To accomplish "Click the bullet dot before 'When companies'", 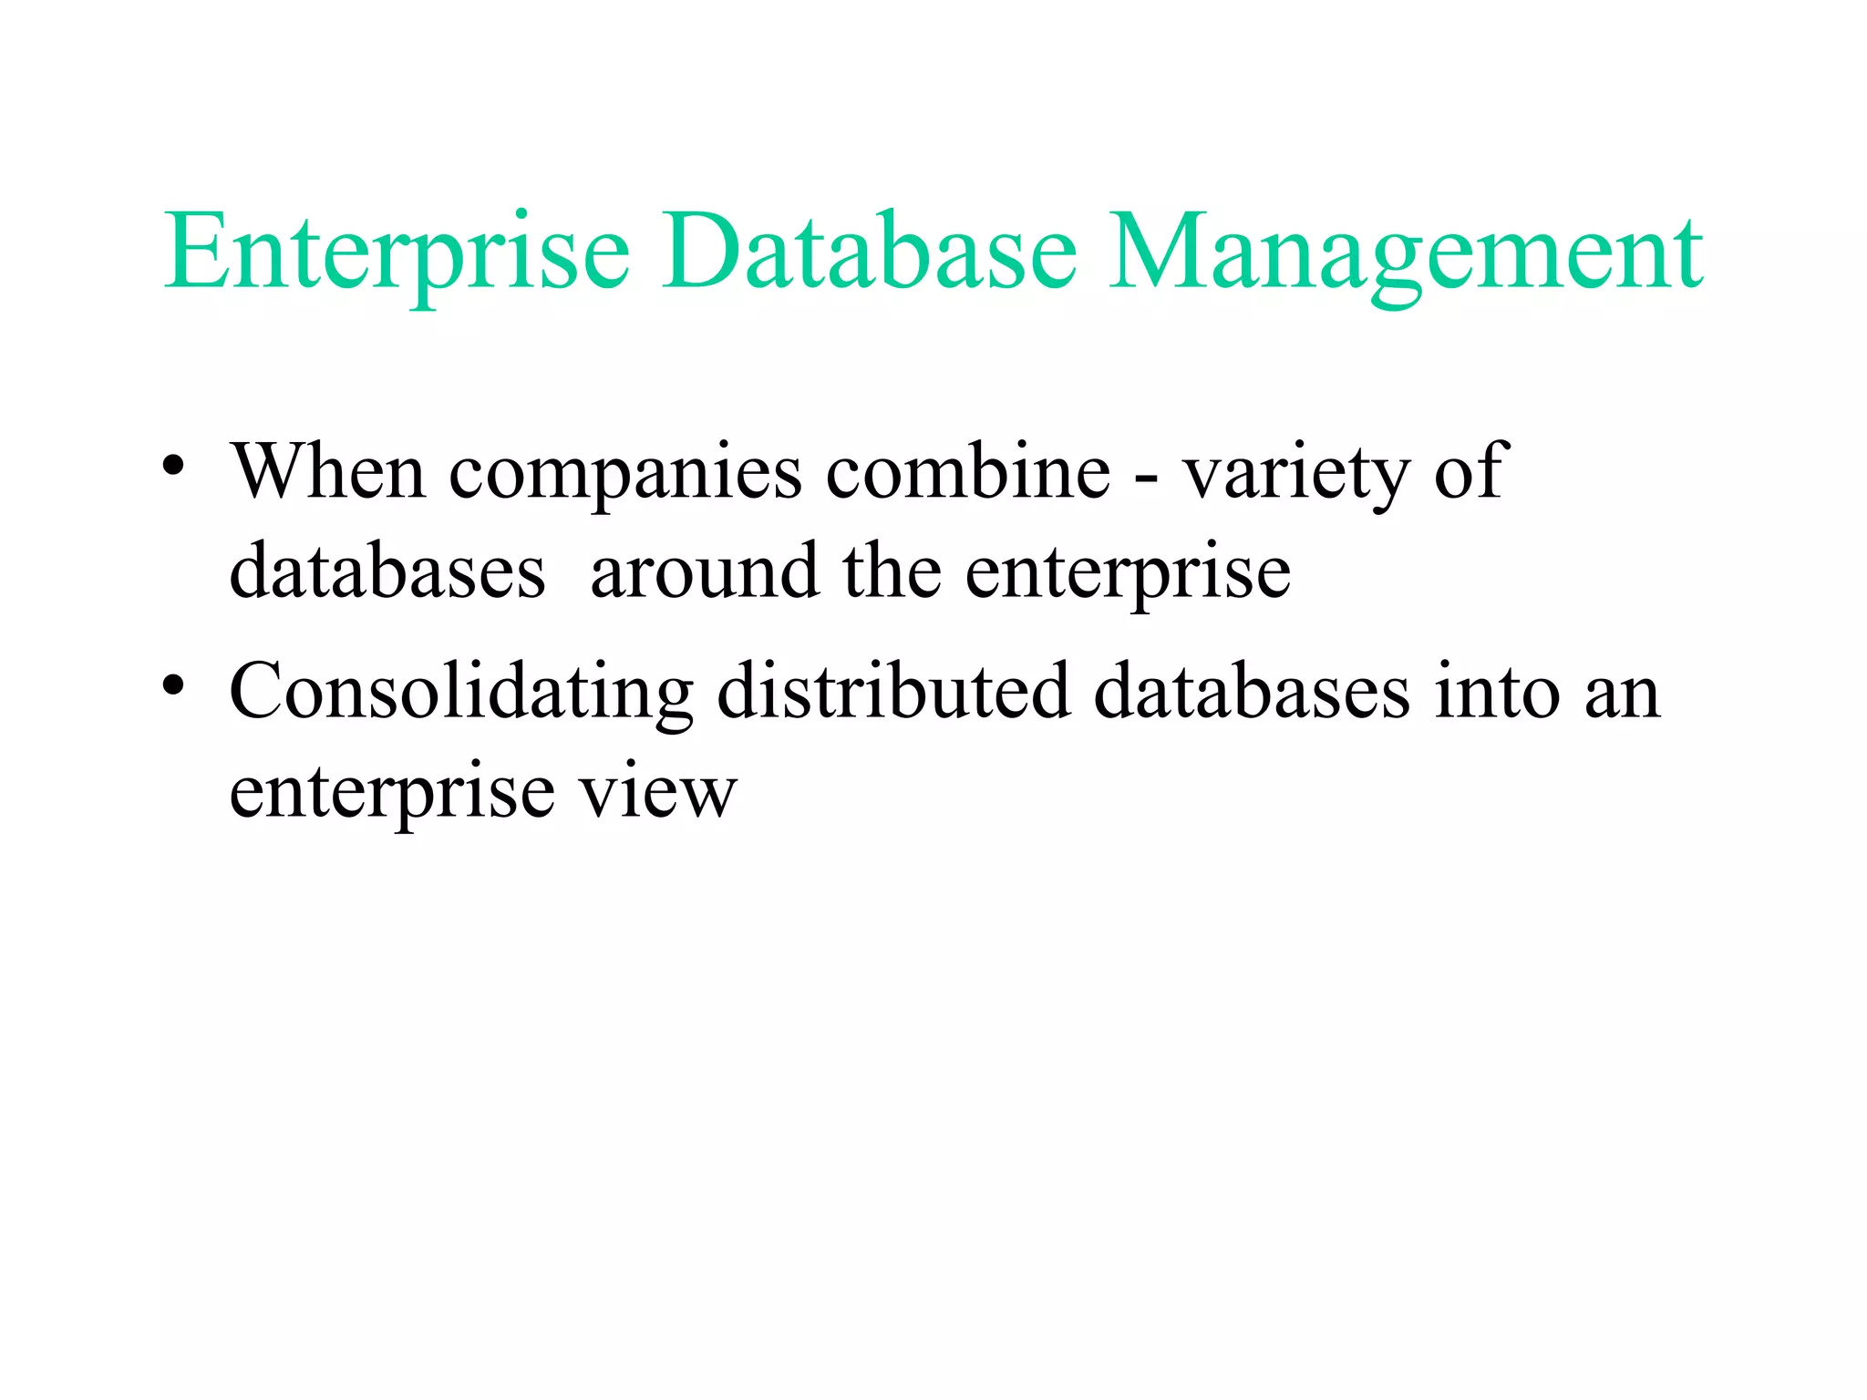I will (x=174, y=467).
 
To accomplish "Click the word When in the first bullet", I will (x=328, y=471).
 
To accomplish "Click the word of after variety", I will (x=1470, y=471).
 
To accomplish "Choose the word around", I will (x=705, y=572).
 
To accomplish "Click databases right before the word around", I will (x=387, y=572).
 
